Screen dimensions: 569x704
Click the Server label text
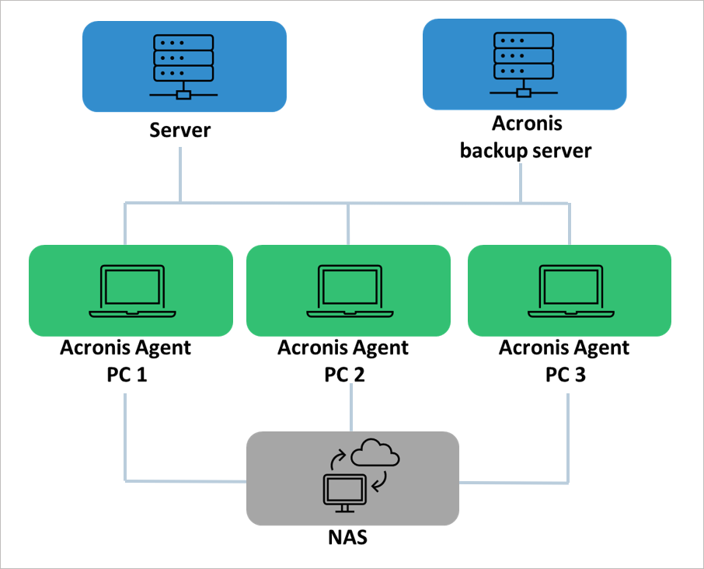pos(180,129)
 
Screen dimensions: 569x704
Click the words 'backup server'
pos(525,150)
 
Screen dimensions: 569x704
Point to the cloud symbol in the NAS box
pos(375,453)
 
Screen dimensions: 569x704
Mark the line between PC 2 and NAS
pos(352,410)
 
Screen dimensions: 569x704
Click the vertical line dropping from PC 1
pos(126,435)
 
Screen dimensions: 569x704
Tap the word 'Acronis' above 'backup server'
pos(527,124)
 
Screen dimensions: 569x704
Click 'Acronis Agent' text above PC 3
pos(565,347)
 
